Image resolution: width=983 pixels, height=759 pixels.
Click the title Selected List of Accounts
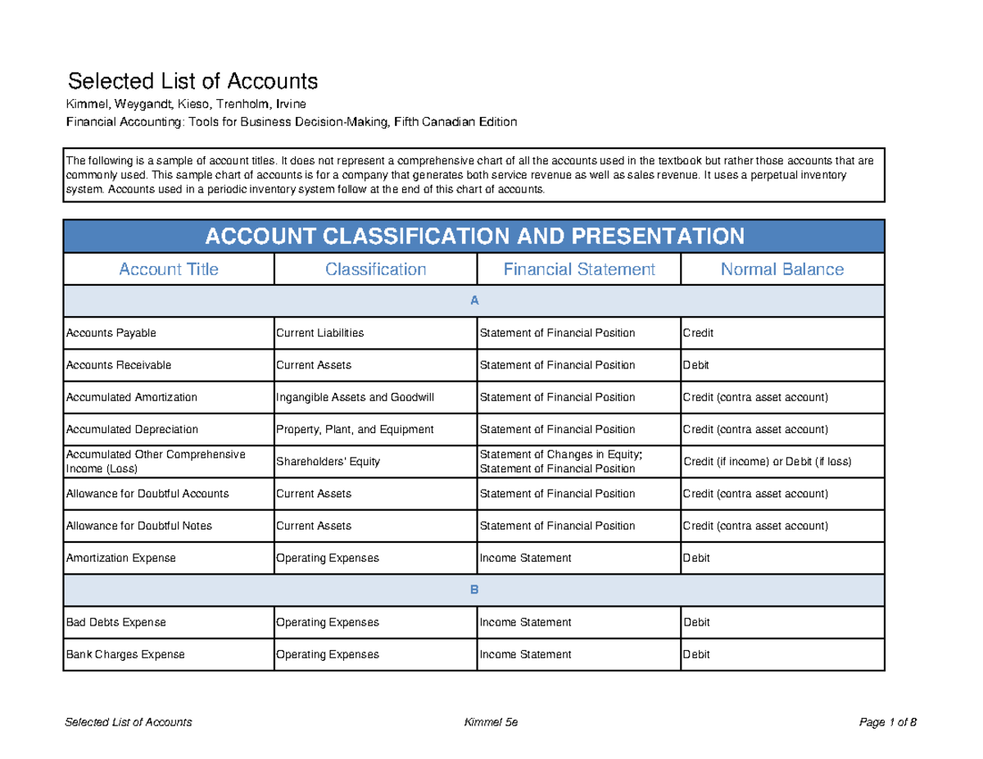click(192, 82)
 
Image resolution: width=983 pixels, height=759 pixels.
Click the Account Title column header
click(169, 269)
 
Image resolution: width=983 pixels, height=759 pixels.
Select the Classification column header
click(375, 269)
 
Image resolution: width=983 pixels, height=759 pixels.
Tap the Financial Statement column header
click(578, 269)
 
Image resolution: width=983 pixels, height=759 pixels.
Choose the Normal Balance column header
click(781, 269)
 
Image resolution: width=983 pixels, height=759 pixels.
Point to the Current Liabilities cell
click(319, 333)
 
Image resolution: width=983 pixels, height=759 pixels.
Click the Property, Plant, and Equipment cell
click(355, 429)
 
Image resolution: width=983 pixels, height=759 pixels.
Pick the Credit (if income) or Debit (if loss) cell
click(767, 462)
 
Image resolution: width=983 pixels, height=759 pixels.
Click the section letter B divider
click(473, 590)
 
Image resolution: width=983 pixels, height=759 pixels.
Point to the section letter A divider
click(473, 301)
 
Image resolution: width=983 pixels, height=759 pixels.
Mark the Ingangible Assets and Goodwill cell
click(355, 397)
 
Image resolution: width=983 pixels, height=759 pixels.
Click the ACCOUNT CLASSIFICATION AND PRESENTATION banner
click(473, 237)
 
